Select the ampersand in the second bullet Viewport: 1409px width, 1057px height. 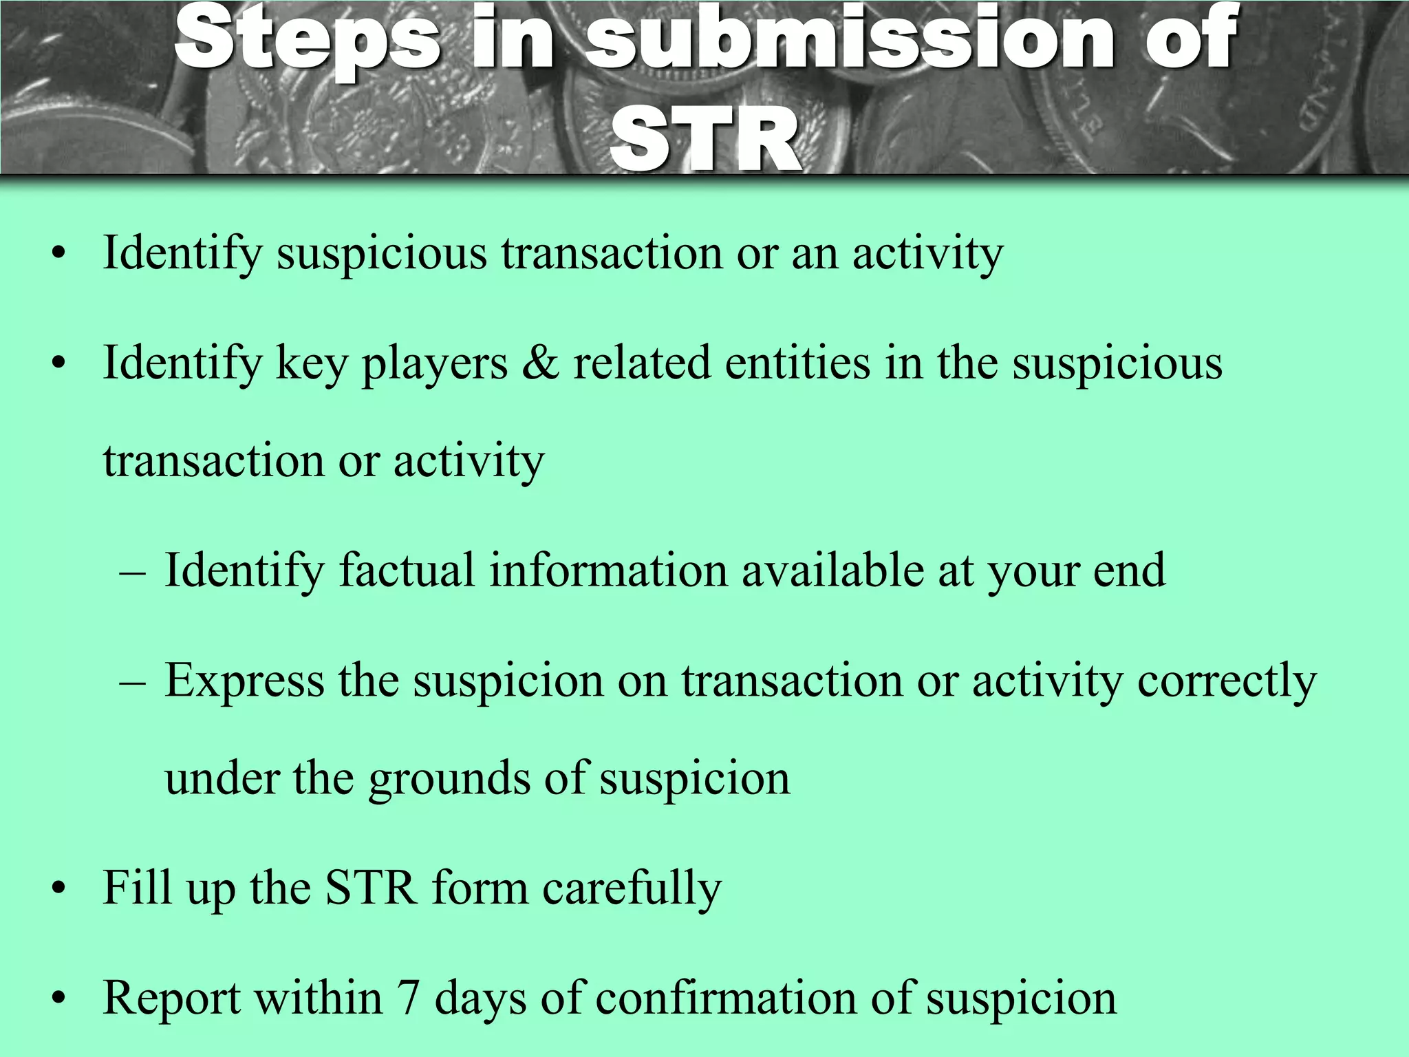pyautogui.click(x=540, y=363)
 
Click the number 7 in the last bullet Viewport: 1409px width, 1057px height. pyautogui.click(x=408, y=997)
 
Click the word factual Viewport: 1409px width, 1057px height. pyautogui.click(x=407, y=570)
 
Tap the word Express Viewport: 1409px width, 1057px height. pyautogui.click(x=244, y=681)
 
